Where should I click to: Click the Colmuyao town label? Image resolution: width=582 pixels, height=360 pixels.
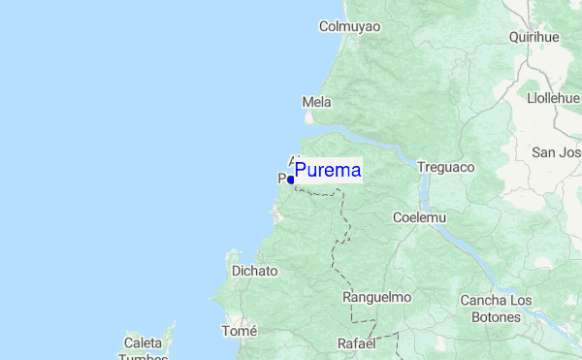point(349,26)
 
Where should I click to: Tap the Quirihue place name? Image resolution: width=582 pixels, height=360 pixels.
point(534,37)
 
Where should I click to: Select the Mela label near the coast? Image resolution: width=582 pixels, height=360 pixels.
point(316,102)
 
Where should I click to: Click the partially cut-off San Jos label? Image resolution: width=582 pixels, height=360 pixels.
point(556,152)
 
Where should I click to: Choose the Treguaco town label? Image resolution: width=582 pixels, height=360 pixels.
point(445,167)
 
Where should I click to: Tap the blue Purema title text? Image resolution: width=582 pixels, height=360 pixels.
point(328,171)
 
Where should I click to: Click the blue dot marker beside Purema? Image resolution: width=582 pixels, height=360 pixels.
point(291,180)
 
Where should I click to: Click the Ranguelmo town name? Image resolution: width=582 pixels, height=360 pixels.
point(377,297)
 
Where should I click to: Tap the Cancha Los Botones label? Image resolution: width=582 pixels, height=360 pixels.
point(496,309)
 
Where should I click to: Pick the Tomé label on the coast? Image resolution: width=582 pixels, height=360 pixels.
point(240,331)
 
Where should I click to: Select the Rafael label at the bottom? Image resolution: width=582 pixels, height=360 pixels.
point(356,344)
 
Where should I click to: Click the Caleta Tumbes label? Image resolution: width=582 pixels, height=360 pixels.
point(143,349)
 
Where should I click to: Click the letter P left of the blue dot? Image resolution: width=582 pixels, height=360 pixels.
point(282,179)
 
